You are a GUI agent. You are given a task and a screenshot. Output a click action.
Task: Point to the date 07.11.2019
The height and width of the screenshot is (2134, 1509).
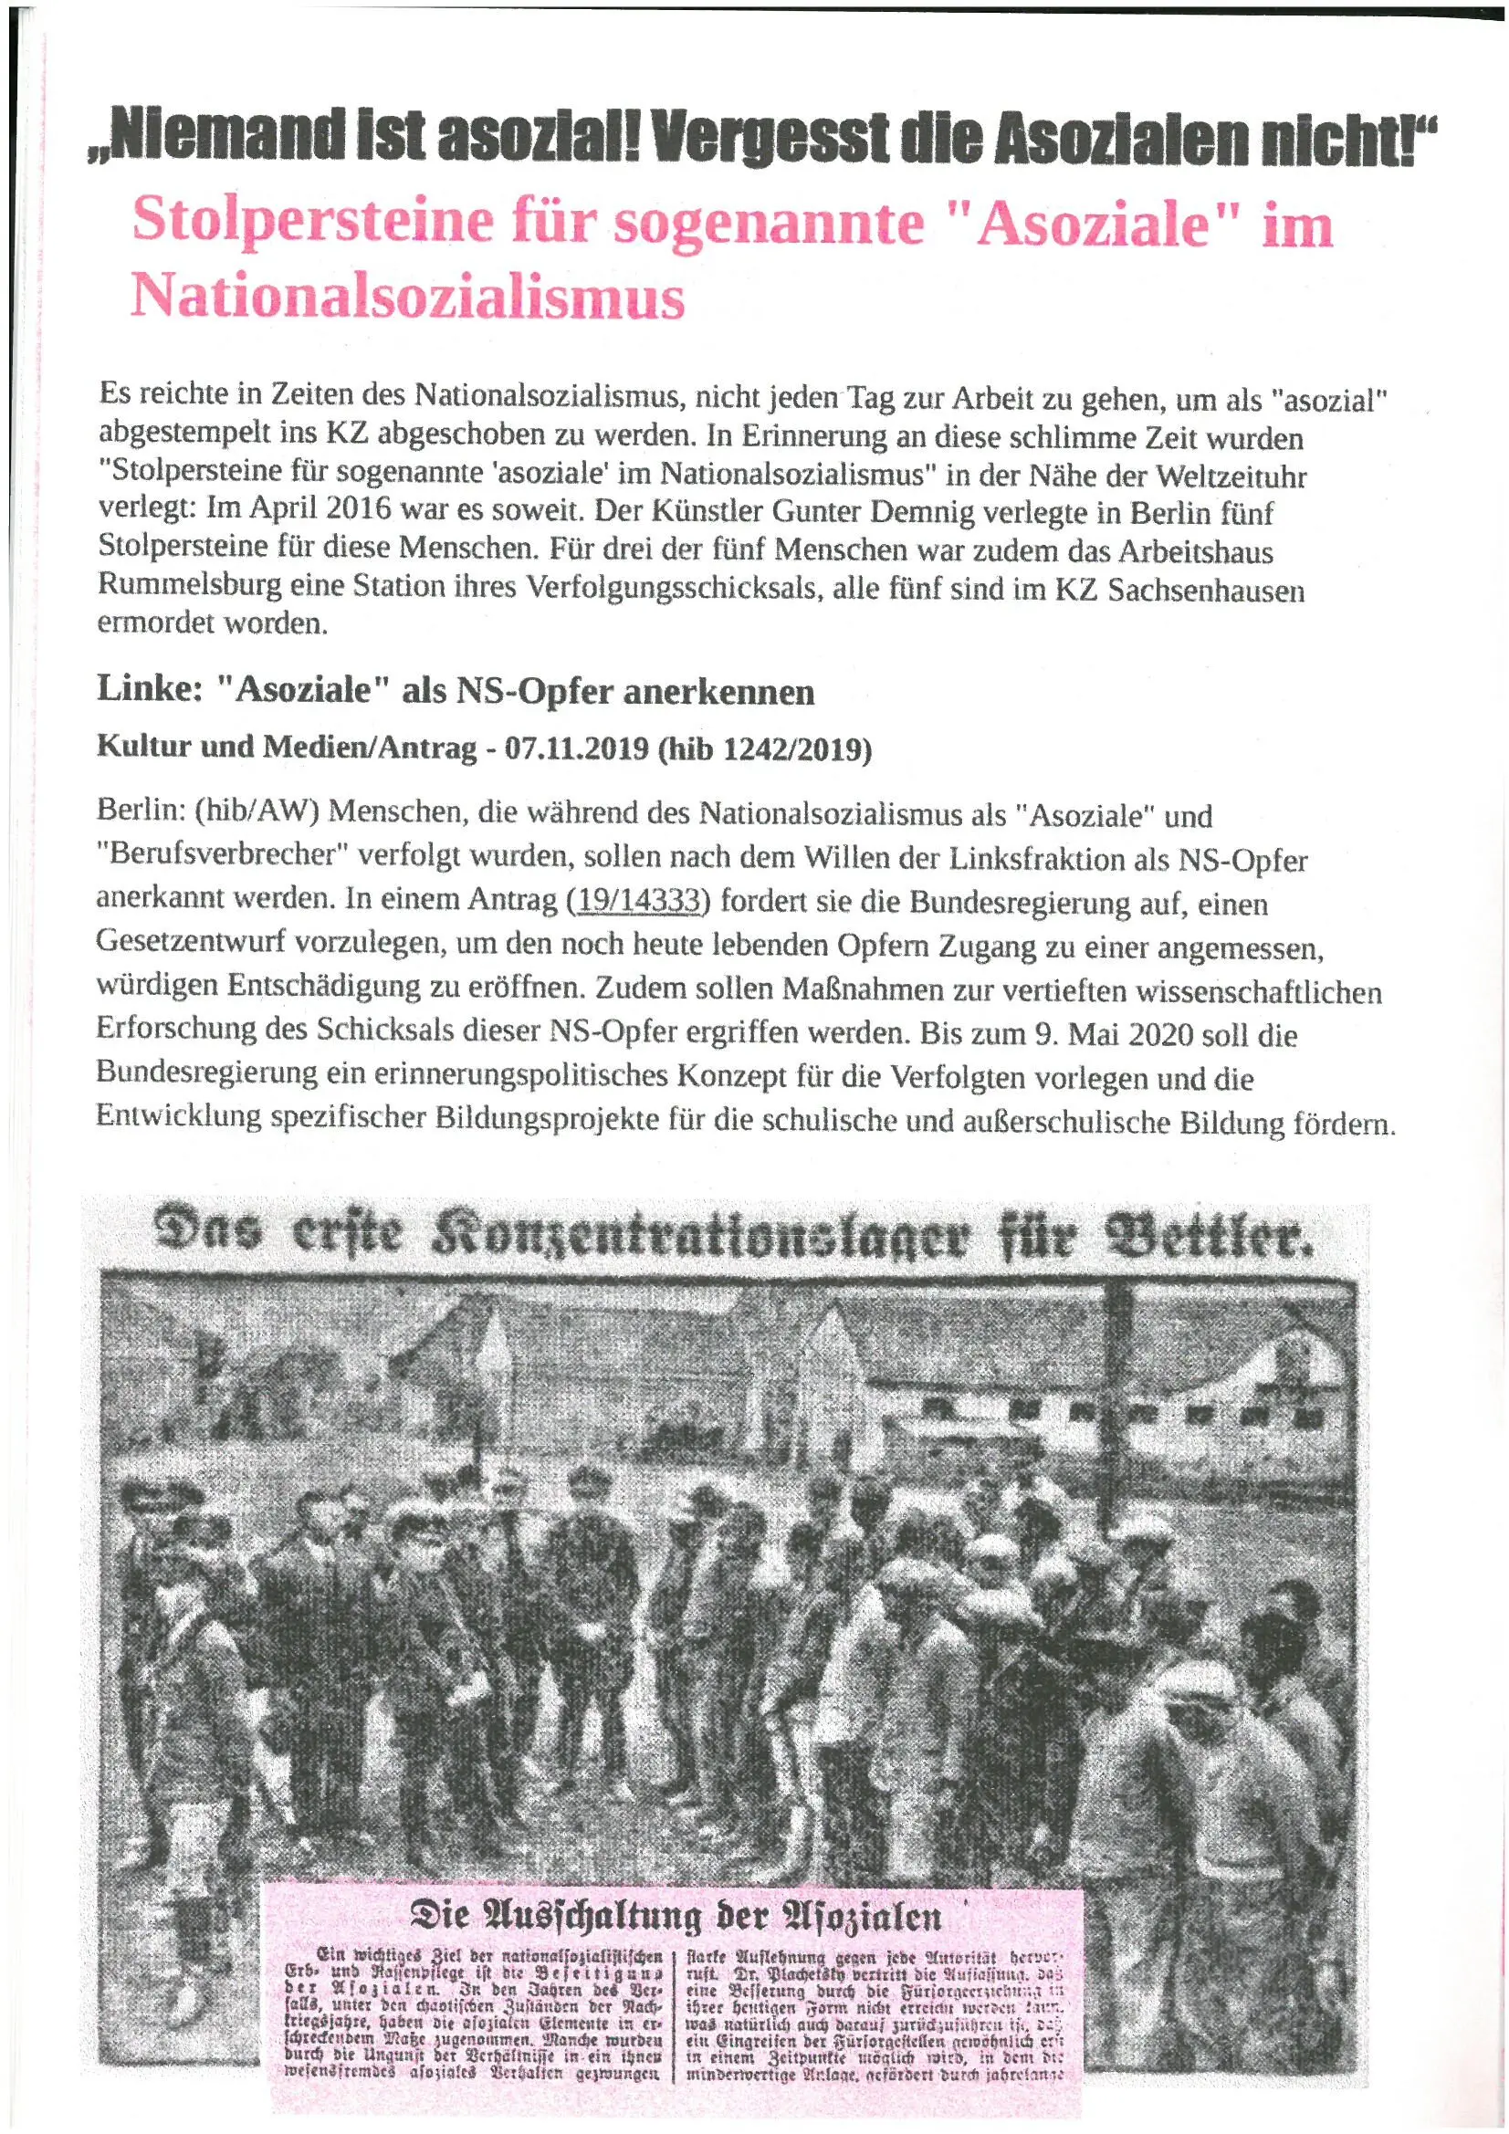pos(575,749)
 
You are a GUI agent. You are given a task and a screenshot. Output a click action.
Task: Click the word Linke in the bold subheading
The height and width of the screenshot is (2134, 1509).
pos(149,691)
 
